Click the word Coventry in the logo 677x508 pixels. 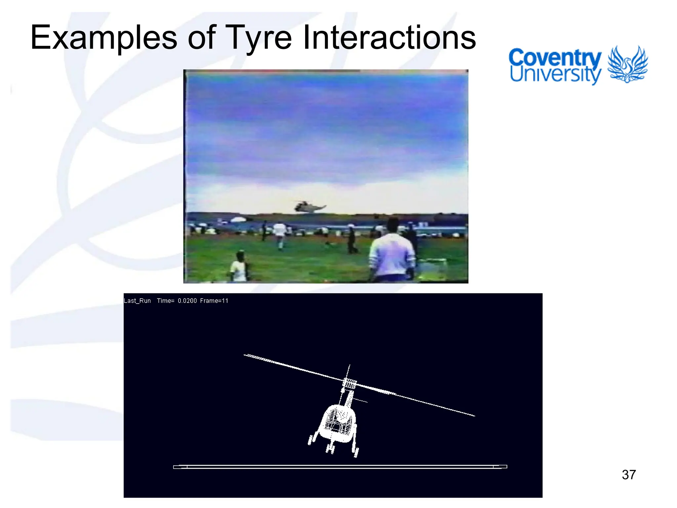(x=555, y=58)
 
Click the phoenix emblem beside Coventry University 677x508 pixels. (x=627, y=64)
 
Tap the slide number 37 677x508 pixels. (x=628, y=475)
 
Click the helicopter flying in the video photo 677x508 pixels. (x=309, y=207)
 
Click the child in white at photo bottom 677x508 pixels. (x=239, y=267)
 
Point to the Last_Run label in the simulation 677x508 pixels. (x=137, y=301)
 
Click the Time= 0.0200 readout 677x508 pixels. (x=177, y=301)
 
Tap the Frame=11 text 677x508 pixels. (x=214, y=301)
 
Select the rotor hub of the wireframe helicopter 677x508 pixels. (x=349, y=384)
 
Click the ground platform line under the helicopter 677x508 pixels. (x=340, y=467)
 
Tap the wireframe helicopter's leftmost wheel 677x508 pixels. (x=310, y=440)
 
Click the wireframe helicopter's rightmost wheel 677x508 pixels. (x=356, y=452)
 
